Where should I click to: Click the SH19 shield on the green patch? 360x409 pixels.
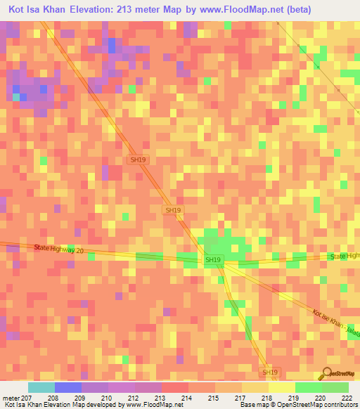213,260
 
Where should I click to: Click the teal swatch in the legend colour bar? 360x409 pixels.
41,387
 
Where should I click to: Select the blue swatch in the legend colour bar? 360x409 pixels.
68,387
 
